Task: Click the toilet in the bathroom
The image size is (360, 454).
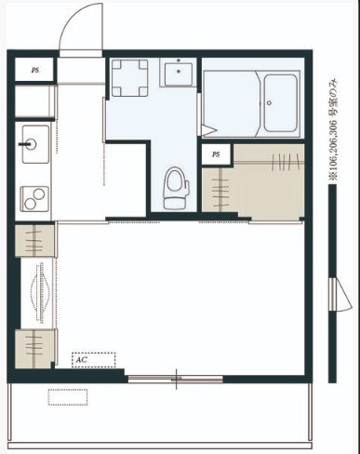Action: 176,188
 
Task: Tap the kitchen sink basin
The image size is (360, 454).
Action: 35,144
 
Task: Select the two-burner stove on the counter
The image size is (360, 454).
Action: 34,199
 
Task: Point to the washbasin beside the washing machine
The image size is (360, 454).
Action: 179,73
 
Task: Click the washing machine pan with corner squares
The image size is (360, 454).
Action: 130,78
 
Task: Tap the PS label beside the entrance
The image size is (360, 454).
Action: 35,70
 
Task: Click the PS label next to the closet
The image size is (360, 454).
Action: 216,154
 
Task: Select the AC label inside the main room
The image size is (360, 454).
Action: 81,360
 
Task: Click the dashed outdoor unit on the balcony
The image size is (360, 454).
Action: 68,397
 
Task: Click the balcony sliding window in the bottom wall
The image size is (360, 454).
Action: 176,379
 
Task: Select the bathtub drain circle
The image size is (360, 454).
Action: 269,103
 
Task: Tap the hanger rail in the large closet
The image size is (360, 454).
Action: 269,162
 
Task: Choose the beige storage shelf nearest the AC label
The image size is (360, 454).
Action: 34,348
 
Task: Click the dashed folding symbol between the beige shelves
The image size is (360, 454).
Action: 40,293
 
